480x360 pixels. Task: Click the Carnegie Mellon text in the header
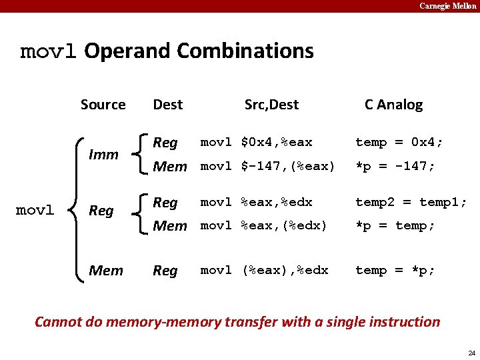448,6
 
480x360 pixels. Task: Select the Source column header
103,105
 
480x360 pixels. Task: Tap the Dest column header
167,105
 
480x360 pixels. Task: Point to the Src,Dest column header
271,105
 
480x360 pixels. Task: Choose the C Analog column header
393,105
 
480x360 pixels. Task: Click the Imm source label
103,155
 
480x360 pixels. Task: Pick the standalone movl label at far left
35,210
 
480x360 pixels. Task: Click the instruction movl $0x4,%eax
256,142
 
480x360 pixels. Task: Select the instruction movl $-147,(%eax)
267,166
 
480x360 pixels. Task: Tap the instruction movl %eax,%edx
256,202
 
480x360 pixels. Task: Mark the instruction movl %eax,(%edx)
264,226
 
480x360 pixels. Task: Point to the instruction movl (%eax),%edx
264,270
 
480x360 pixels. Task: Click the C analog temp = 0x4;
399,142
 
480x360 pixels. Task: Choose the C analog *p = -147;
395,166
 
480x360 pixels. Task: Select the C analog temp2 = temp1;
411,202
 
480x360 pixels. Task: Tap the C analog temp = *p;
395,270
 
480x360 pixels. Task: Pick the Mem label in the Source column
105,271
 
